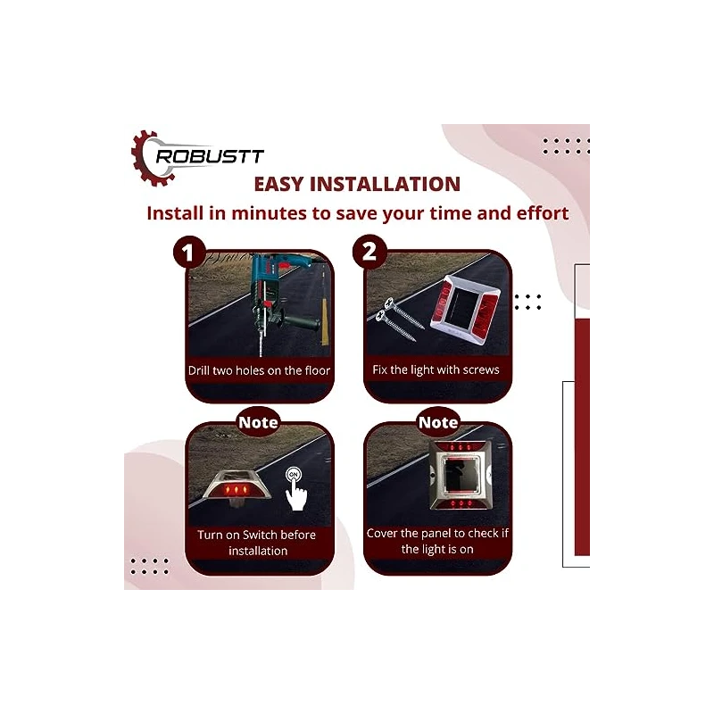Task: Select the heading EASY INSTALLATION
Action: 357,185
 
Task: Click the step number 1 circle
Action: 188,253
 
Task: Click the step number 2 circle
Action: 368,253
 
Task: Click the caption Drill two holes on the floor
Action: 259,370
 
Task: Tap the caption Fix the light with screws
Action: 436,369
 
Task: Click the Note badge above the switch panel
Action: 258,422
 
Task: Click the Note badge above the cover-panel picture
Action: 438,422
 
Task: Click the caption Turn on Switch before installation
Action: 258,543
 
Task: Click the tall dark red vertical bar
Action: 582,437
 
